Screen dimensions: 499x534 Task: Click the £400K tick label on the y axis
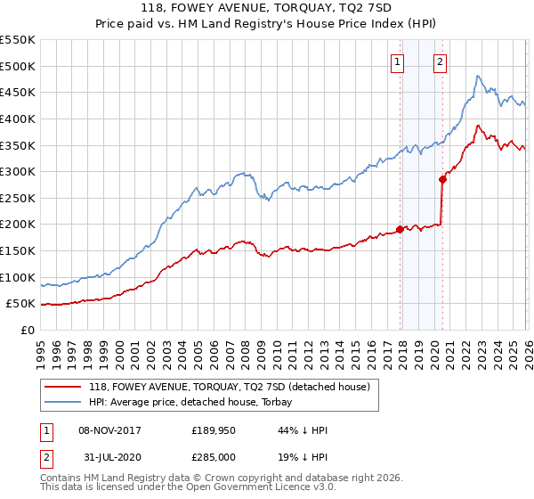click(x=18, y=119)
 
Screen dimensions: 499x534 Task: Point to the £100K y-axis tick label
click(x=18, y=277)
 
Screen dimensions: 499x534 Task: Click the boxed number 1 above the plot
click(x=396, y=62)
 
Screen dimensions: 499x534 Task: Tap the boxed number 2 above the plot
click(x=440, y=62)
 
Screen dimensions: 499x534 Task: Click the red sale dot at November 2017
click(x=400, y=229)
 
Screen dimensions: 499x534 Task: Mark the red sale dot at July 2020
click(x=442, y=179)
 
